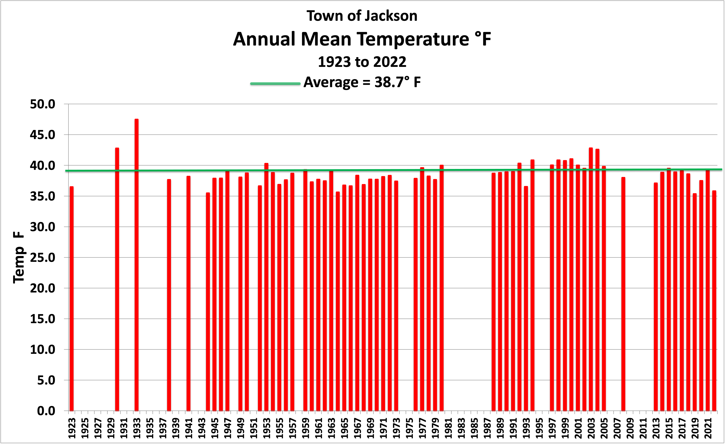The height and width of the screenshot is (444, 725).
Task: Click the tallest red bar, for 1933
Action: pos(137,265)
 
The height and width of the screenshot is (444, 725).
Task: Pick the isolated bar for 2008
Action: pos(623,294)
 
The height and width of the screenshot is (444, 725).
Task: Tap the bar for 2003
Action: pos(591,279)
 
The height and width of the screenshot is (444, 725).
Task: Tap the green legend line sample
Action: pos(275,84)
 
